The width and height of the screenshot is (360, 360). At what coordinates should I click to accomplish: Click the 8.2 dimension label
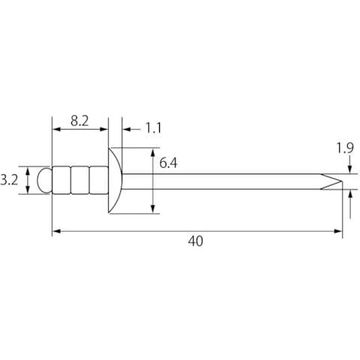79,121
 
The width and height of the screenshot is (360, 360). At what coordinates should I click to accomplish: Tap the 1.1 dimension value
153,128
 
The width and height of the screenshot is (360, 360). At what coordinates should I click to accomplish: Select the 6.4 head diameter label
169,163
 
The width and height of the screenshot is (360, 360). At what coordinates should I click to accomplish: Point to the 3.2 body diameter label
9,180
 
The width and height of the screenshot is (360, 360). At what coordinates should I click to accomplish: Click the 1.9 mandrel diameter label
345,148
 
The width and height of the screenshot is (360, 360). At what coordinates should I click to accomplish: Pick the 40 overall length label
196,241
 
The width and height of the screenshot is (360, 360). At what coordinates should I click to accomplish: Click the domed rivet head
115,181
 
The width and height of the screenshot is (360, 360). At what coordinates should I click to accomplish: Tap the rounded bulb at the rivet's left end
44,180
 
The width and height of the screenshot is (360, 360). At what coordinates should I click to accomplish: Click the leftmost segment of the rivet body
61,180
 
